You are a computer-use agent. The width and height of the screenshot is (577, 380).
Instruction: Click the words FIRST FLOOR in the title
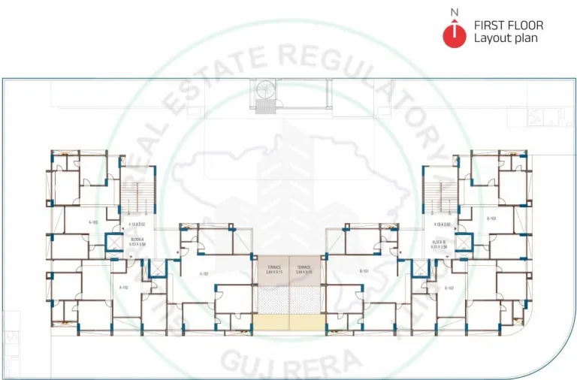[x=508, y=26]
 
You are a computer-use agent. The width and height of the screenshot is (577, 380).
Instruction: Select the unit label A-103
[x=94, y=222]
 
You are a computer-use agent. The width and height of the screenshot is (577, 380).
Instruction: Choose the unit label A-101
[x=204, y=274]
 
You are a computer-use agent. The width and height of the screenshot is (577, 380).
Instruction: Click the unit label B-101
[x=364, y=271]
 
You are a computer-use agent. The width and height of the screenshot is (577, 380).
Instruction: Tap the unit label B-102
[x=449, y=288]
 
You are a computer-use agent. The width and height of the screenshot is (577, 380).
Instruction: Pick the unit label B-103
[x=492, y=219]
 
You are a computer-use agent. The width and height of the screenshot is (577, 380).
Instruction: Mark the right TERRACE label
[x=304, y=269]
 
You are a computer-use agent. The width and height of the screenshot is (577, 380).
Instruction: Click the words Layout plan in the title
[x=505, y=38]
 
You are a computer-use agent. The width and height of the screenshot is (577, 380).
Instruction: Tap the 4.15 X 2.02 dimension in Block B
[x=441, y=225]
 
